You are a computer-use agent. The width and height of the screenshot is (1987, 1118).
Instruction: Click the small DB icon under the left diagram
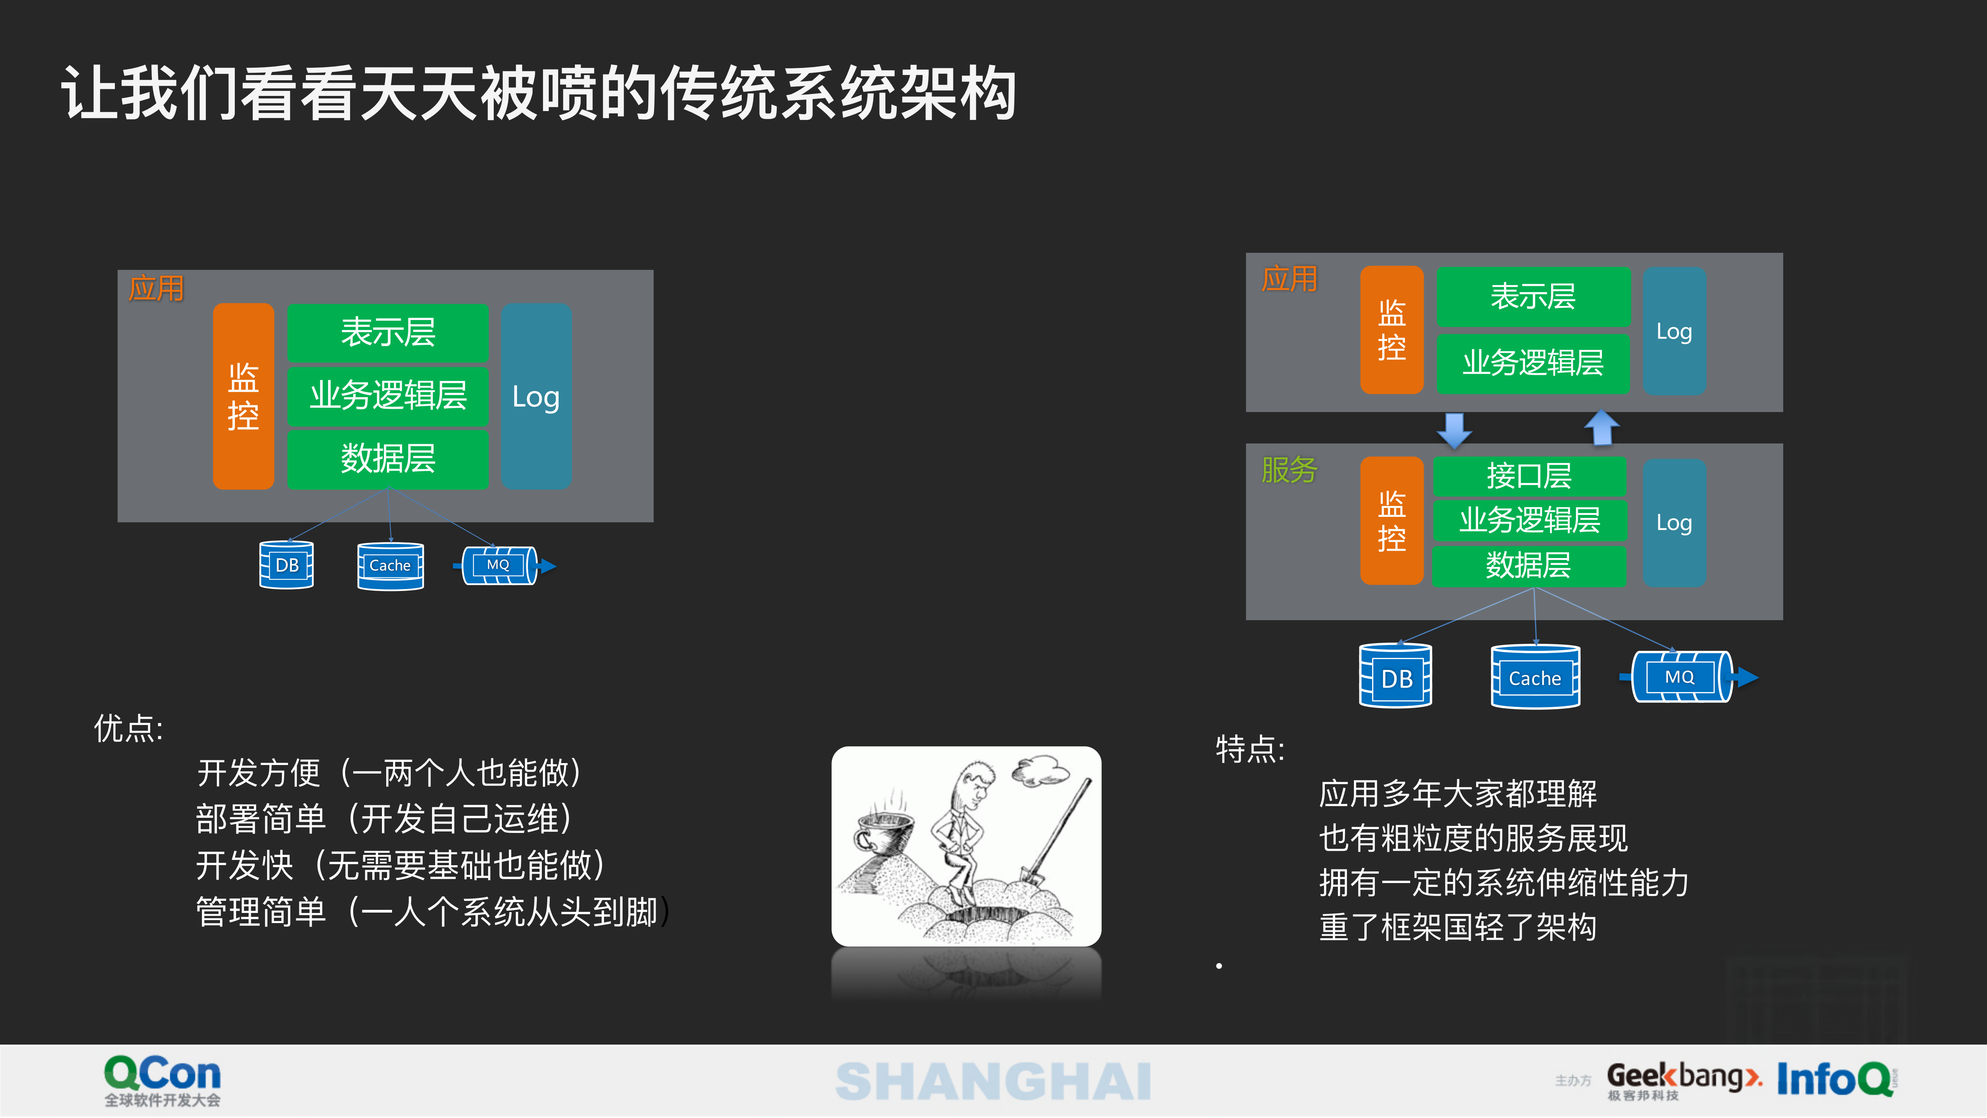click(286, 565)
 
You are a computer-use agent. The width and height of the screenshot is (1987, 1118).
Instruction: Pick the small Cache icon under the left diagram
click(390, 565)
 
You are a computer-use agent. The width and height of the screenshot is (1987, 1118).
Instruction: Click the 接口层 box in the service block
click(1529, 475)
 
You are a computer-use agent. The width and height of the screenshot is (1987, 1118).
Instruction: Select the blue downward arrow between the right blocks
click(1454, 429)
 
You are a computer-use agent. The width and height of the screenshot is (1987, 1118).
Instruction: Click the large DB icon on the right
click(1395, 677)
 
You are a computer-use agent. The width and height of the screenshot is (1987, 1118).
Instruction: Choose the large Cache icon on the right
click(1535, 677)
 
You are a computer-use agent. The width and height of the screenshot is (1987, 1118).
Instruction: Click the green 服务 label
click(1289, 469)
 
